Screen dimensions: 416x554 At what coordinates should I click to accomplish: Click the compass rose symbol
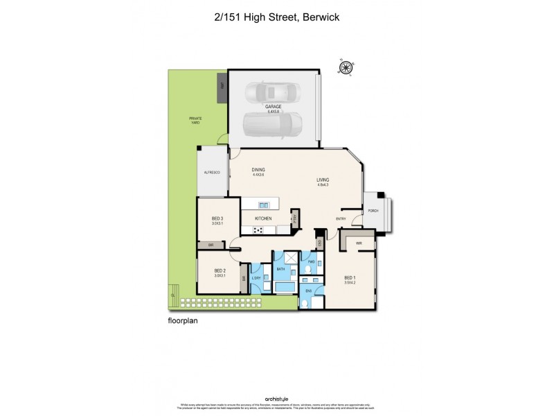(344, 67)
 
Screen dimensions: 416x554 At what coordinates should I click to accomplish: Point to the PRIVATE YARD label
(195, 120)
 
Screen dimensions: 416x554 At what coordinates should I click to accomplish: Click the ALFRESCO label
(211, 172)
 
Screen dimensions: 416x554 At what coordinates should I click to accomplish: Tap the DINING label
(258, 170)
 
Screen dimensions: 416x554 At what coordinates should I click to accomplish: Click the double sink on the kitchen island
(264, 205)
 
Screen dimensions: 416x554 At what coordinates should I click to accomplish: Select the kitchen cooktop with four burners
(258, 229)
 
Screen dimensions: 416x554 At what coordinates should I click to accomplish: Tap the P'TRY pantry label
(294, 218)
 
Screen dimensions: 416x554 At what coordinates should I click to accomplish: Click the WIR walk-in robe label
(359, 243)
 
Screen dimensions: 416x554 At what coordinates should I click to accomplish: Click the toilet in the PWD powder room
(312, 271)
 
